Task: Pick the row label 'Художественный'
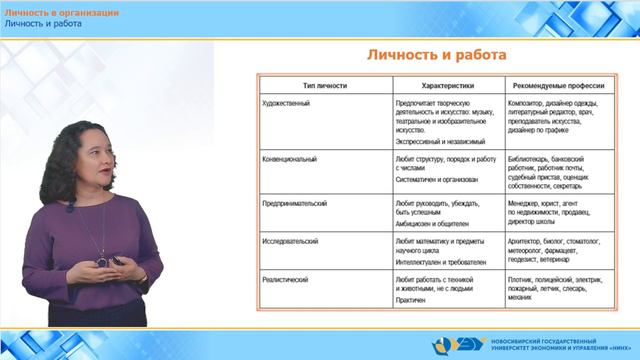[287, 102]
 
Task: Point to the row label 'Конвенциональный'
[291, 159]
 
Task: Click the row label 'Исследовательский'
[292, 241]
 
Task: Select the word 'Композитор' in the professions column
[529, 102]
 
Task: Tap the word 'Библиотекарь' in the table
[533, 159]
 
